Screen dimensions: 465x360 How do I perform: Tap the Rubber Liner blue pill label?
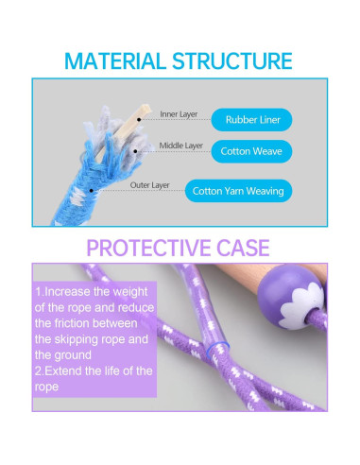click(251, 120)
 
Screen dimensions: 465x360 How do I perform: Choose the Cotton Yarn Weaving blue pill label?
click(238, 190)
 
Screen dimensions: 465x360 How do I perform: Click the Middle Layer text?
click(181, 146)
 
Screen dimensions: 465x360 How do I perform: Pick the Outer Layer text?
click(149, 185)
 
